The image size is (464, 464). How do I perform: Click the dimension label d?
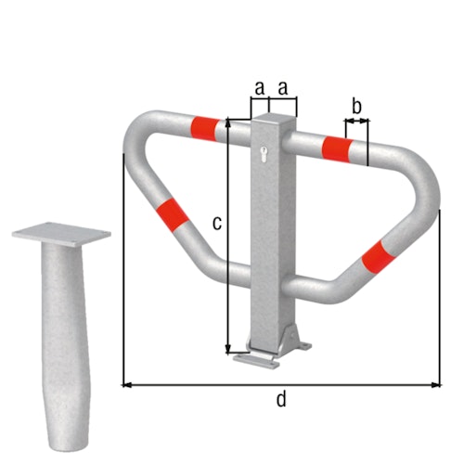point(281,400)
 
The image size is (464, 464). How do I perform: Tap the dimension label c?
point(215,223)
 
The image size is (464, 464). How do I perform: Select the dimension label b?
point(357,104)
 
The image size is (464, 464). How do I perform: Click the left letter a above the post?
point(260,88)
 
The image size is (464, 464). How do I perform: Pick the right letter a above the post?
point(283,88)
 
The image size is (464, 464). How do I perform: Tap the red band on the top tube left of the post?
point(206,126)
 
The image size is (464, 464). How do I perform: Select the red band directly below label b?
point(336,148)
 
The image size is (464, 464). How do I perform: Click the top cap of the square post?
point(274,119)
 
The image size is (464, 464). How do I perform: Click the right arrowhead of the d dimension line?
point(437,382)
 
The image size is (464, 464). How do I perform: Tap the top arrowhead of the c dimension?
point(226,122)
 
